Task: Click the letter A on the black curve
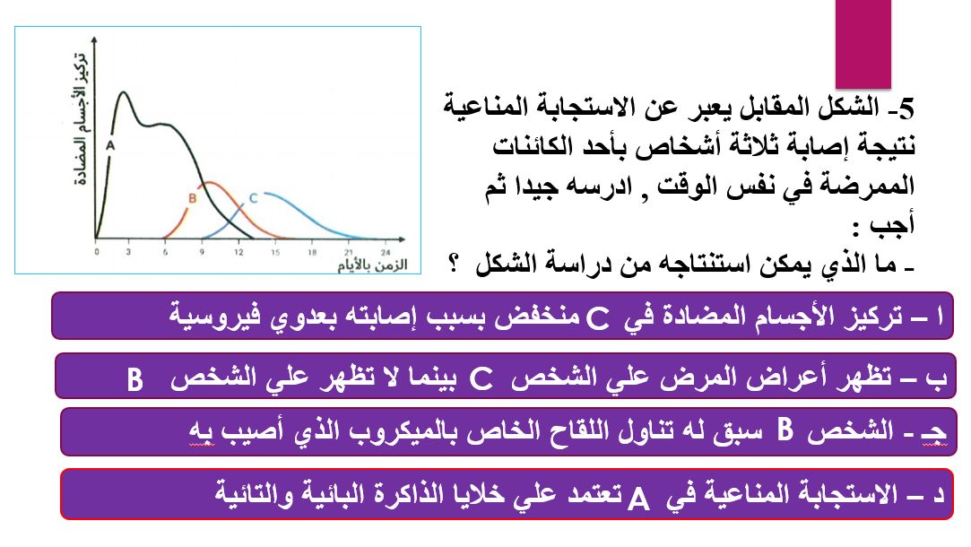coord(110,143)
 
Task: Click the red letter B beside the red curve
coord(192,198)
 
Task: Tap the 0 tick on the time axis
coord(96,252)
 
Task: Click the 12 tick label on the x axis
coord(238,252)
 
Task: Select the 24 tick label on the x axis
coord(384,252)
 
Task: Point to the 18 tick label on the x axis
coord(311,252)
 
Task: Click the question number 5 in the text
coord(904,109)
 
